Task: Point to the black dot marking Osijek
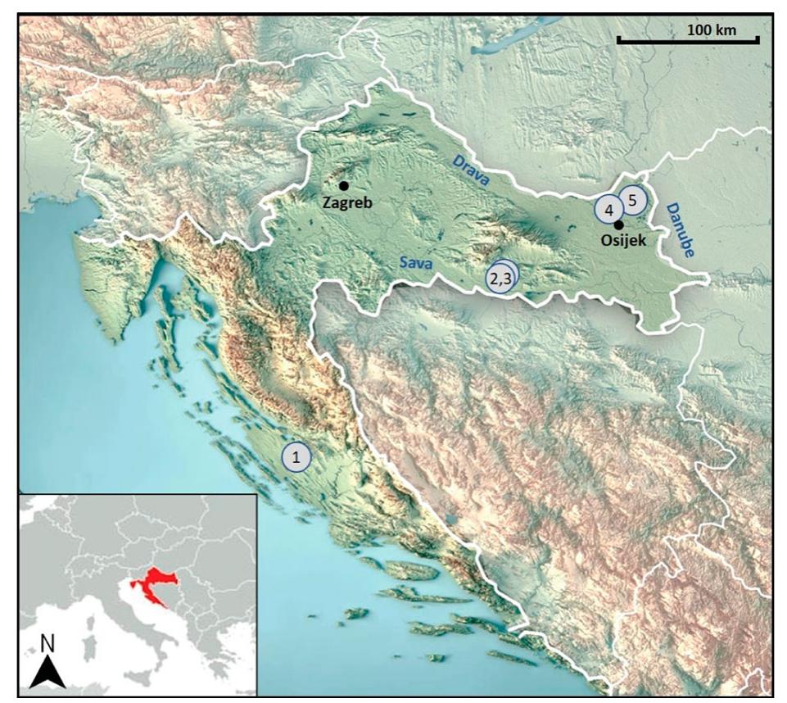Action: [619, 225]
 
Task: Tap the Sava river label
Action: [415, 262]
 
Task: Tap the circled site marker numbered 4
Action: [608, 210]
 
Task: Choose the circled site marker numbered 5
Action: [632, 199]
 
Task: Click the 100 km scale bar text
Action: [711, 30]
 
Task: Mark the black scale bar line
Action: [688, 40]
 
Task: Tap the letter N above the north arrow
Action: [48, 644]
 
